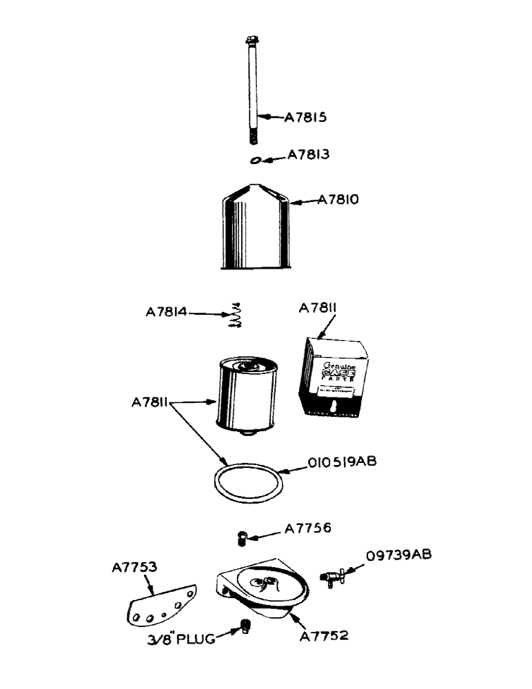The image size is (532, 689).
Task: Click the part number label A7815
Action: pos(305,117)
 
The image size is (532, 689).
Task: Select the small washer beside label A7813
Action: pos(256,161)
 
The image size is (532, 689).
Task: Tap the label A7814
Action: pos(166,312)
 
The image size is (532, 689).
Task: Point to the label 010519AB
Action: pos(338,462)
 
